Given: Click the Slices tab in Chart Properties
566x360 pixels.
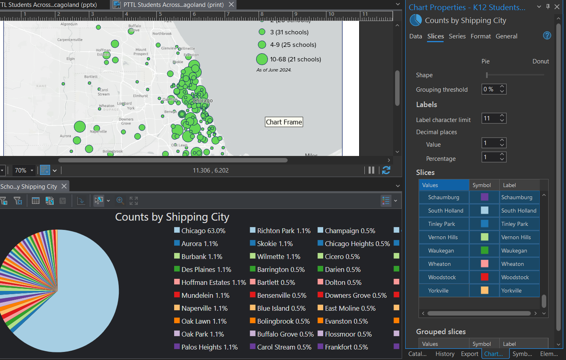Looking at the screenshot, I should [x=436, y=36].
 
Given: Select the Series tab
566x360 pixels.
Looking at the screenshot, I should [x=457, y=36].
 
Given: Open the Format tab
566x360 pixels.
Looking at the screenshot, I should [x=480, y=36].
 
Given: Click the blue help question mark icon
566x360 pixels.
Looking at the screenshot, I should [x=547, y=36].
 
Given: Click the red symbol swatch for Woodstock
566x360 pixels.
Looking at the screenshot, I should [x=484, y=277].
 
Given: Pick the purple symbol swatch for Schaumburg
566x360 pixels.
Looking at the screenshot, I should [x=484, y=197].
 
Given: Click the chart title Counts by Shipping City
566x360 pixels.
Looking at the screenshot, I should [x=172, y=217].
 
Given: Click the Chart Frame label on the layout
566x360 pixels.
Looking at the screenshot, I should [x=284, y=122].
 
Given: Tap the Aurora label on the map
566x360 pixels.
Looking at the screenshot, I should [x=65, y=136].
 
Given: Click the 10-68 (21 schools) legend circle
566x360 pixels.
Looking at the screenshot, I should [x=262, y=59].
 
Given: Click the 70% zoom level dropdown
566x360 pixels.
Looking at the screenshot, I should [x=24, y=171].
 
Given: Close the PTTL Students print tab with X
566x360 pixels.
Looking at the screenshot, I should [x=231, y=4].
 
